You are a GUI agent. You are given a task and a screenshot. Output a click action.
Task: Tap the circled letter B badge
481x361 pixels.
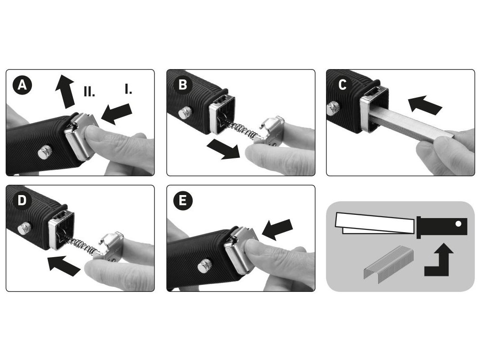[x=183, y=85]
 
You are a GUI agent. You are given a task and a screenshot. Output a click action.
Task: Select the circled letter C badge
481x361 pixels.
[x=343, y=85]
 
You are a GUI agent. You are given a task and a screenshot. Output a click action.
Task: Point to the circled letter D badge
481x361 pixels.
[x=23, y=200]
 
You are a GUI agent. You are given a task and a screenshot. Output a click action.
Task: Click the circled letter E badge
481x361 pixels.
[x=183, y=200]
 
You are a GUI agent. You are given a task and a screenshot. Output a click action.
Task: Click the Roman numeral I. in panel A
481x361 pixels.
[x=128, y=89]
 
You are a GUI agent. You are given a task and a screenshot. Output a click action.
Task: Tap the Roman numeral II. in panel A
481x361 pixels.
[x=89, y=91]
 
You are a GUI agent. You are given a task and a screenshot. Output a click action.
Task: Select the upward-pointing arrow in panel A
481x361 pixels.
[x=65, y=92]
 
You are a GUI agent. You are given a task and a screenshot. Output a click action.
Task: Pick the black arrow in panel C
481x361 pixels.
[x=425, y=105]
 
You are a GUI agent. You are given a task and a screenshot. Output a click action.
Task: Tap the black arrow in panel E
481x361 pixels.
[x=277, y=229]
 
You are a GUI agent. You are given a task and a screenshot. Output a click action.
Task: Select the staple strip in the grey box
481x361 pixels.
[x=388, y=264]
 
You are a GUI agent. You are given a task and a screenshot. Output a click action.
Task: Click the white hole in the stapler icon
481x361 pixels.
[x=458, y=224]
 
